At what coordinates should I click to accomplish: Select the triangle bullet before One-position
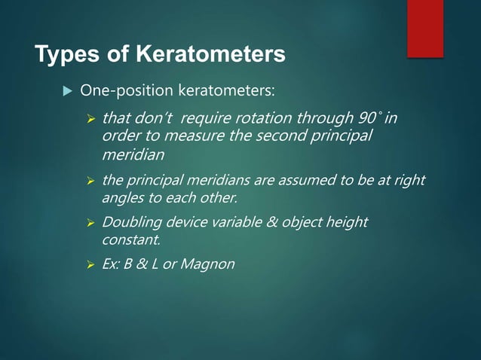(x=66, y=92)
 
